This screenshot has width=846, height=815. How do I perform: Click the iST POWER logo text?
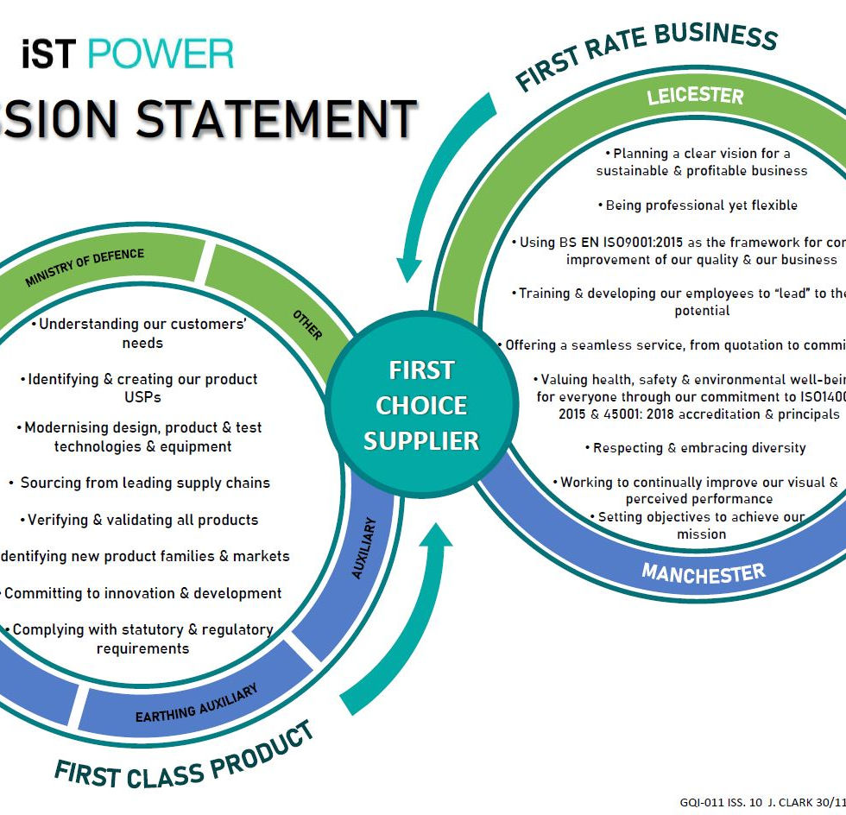point(128,54)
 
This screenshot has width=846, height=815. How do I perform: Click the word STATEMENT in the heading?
point(276,119)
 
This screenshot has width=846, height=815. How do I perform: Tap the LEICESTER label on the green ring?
point(695,94)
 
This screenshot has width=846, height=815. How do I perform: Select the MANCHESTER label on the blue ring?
point(704,572)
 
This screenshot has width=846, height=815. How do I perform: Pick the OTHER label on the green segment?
point(306,325)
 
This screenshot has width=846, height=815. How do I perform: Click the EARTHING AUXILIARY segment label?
point(197,704)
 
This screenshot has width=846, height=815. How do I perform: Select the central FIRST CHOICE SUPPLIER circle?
point(420,405)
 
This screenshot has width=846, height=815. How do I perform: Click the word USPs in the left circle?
point(142,397)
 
